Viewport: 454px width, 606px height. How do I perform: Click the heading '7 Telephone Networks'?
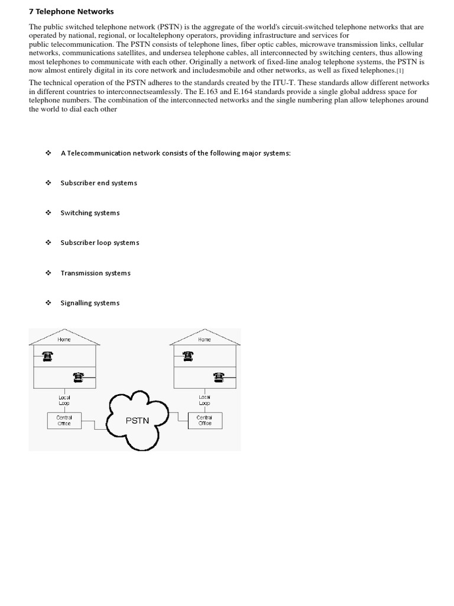[x=71, y=11]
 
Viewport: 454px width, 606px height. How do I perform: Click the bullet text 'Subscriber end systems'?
[x=99, y=183]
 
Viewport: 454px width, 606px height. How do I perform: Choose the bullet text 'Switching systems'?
[x=90, y=213]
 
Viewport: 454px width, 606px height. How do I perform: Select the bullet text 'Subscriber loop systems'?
[x=100, y=243]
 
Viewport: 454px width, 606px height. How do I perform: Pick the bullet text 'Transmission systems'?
[x=95, y=273]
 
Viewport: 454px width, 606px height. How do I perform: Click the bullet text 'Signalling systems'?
[x=90, y=303]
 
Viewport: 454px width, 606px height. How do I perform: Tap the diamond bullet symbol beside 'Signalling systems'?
[x=48, y=303]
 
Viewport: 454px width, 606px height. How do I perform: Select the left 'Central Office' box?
[x=64, y=420]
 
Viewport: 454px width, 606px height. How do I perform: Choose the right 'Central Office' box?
[x=205, y=420]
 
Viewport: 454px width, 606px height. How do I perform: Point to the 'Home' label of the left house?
[x=64, y=339]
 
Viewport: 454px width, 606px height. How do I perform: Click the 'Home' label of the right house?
[x=205, y=339]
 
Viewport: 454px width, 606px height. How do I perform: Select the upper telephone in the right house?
[x=188, y=356]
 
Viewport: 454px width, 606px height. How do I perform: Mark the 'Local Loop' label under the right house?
[x=205, y=400]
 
